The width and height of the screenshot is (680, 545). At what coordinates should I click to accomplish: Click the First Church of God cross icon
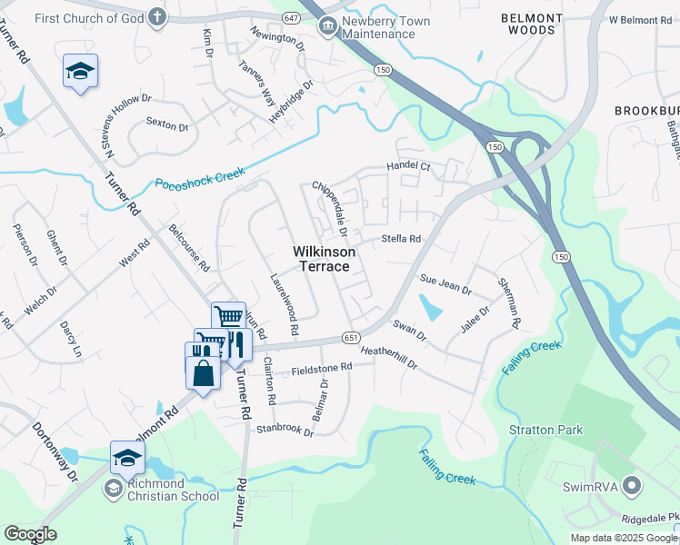pos(157,16)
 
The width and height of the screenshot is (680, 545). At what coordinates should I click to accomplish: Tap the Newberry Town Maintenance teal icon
pos(326,27)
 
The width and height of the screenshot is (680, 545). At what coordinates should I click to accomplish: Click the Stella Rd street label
pos(401,239)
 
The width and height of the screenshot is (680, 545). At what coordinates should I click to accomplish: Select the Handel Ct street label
pos(407,166)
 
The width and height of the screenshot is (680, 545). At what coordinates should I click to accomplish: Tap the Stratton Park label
pos(545,430)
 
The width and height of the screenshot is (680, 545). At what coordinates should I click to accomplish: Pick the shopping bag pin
pos(203,372)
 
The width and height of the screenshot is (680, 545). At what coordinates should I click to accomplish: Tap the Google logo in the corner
pos(29,534)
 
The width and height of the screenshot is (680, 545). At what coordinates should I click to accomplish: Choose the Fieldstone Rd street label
pos(321,369)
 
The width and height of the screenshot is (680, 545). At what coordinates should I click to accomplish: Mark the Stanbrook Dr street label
pos(285,429)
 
